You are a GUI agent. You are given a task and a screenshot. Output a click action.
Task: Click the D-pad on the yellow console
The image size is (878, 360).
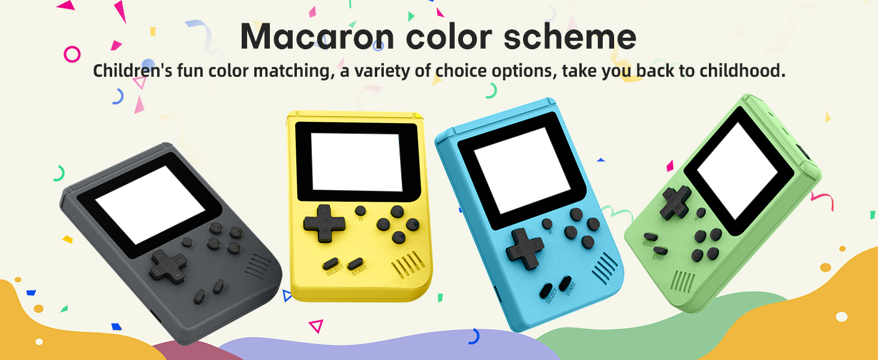tap(324, 222)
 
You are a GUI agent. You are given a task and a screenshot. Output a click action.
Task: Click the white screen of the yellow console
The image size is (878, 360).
tap(356, 161)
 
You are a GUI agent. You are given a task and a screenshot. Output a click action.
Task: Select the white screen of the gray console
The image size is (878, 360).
tap(151, 204)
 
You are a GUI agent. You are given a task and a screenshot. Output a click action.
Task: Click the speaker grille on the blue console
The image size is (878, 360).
tap(604, 268)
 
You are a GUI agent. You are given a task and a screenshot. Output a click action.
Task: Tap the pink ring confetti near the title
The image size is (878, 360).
tap(72, 54)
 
